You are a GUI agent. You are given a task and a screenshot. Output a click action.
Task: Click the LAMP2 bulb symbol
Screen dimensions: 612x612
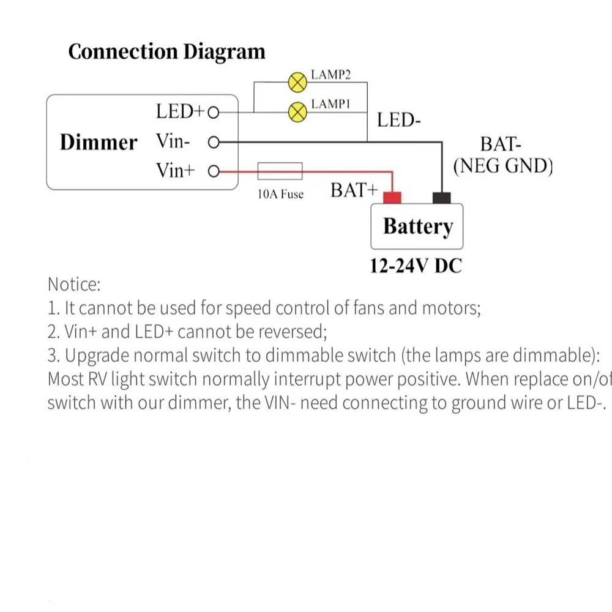coord(297,81)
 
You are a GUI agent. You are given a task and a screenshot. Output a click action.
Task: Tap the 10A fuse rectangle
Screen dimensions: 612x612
coord(281,171)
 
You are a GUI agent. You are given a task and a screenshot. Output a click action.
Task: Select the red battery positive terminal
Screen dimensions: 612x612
coord(392,198)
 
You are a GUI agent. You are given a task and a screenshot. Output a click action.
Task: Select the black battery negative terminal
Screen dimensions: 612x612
coord(441,198)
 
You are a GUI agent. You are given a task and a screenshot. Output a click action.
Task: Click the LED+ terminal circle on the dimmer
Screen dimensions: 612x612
coord(213,113)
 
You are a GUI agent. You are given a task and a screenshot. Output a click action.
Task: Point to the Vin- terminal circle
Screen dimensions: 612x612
coord(214,143)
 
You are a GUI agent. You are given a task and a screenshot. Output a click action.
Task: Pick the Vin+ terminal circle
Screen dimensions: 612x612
coord(214,171)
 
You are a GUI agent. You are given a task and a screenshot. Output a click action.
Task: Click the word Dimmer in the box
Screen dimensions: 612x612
coord(99,143)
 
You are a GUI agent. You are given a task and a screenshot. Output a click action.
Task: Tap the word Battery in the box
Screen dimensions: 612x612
coord(418,226)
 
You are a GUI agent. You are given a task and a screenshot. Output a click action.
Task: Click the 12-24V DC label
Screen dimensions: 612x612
coord(416,266)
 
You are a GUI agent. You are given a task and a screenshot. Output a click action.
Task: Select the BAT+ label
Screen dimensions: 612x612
coord(354,190)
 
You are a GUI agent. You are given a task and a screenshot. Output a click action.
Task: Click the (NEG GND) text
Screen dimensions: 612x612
coord(502,165)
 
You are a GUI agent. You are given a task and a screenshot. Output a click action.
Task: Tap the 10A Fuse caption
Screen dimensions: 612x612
coord(280,195)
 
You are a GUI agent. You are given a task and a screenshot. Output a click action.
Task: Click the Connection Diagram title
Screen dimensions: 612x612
coord(167,51)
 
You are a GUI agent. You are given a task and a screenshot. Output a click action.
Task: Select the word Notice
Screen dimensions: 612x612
coord(73,285)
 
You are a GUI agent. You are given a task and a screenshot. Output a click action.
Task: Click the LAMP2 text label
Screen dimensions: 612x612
coord(330,75)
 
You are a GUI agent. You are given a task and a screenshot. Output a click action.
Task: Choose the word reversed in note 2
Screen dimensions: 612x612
coord(293,332)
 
